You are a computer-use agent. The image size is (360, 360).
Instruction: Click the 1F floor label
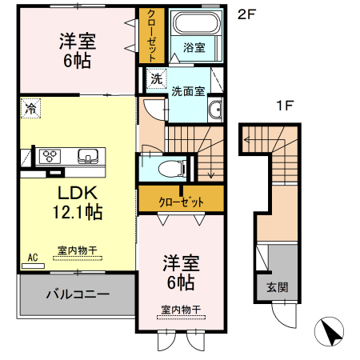click(284, 105)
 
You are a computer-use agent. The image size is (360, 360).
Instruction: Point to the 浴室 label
click(193, 47)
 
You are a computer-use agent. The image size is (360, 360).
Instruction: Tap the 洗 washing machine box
click(156, 78)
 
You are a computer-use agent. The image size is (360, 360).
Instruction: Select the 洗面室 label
click(186, 92)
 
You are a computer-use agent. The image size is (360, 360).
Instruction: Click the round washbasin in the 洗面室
click(214, 110)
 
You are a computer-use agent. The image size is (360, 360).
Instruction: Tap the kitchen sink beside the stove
click(86, 155)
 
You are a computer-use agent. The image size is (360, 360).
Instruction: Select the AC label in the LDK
click(33, 257)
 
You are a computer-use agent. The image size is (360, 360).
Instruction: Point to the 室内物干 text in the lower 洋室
click(179, 310)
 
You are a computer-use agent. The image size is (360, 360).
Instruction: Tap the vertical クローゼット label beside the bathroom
click(150, 35)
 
